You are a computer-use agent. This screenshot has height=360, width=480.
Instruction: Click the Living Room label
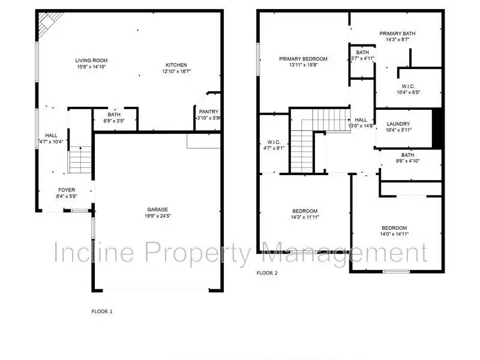pyautogui.click(x=87, y=61)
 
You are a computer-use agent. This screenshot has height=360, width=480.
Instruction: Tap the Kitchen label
pyautogui.click(x=175, y=65)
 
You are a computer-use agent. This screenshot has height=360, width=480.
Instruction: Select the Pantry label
pyautogui.click(x=208, y=112)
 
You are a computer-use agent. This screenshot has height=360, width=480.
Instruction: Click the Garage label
pyautogui.click(x=158, y=209)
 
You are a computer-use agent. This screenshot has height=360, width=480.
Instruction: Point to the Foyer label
pyautogui.click(x=66, y=190)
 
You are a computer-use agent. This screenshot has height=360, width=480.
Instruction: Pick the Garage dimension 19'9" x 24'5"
pyautogui.click(x=158, y=216)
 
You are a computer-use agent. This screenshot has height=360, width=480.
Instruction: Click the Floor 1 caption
pyautogui.click(x=101, y=311)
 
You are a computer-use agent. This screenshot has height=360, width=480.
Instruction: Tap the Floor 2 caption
pyautogui.click(x=268, y=273)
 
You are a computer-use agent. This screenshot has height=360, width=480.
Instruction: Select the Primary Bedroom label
pyautogui.click(x=303, y=59)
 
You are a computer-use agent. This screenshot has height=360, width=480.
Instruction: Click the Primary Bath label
pyautogui.click(x=397, y=34)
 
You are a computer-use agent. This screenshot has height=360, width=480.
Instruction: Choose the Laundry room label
pyautogui.click(x=398, y=124)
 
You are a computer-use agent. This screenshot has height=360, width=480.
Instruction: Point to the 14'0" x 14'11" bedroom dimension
pyautogui.click(x=394, y=235)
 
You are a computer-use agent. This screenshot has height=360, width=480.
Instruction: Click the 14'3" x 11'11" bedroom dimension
pyautogui.click(x=305, y=218)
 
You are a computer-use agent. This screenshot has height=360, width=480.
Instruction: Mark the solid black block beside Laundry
pyautogui.click(x=437, y=128)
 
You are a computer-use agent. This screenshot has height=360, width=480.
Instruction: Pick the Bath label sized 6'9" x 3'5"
pyautogui.click(x=114, y=115)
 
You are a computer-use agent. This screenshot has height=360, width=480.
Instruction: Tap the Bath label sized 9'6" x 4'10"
pyautogui.click(x=408, y=155)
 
